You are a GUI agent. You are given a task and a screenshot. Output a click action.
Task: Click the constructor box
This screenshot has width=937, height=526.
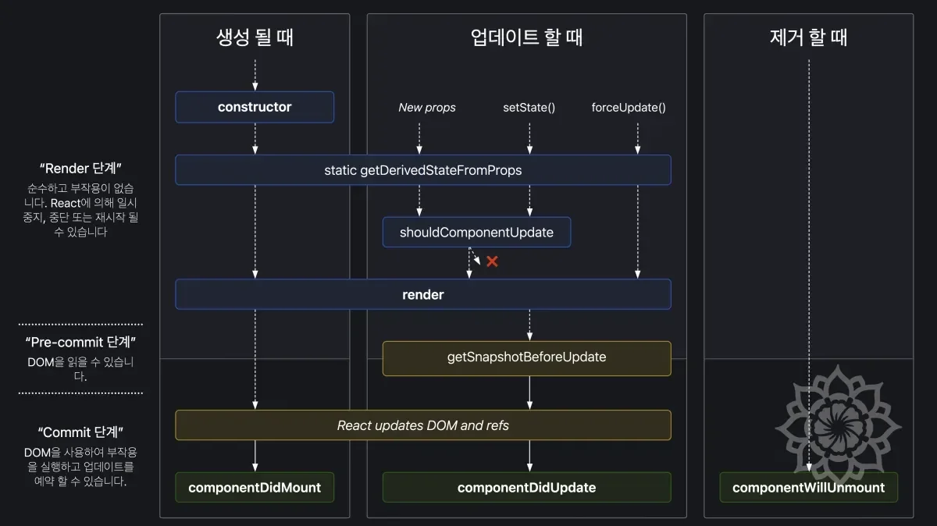pos(255,107)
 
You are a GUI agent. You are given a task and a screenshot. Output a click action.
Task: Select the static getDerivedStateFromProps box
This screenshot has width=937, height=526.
pos(422,169)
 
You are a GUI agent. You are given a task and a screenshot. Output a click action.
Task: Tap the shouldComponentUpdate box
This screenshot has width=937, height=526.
pos(476,232)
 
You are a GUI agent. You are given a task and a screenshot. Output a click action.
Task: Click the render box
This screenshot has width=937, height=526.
pos(422,294)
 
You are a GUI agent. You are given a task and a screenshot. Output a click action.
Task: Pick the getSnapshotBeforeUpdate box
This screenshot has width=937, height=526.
pos(526,357)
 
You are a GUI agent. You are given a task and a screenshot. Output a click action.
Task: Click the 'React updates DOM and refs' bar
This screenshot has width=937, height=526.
pos(422,425)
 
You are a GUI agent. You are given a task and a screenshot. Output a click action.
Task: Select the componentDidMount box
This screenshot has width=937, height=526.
pos(255,487)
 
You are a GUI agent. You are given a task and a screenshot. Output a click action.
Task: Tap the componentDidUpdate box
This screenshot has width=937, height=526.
pos(526,487)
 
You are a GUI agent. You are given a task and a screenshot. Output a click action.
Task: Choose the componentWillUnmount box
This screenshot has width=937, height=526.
pos(808,487)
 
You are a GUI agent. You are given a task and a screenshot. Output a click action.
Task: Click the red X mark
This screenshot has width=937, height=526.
pos(492,261)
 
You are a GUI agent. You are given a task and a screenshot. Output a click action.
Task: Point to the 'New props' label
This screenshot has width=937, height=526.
pos(427,108)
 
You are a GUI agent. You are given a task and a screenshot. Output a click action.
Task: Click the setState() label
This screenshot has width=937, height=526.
pos(529,108)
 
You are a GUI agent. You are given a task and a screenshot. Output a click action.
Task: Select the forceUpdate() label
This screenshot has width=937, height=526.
pos(629,108)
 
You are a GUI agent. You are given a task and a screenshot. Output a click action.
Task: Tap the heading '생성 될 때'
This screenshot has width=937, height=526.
pos(255,37)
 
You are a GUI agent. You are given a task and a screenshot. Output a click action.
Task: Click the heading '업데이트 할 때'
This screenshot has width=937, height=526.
pos(526,37)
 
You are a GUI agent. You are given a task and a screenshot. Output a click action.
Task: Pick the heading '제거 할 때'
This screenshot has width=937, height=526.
pos(808,37)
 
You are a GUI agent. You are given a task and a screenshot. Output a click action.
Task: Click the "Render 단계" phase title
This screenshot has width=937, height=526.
pos(80,168)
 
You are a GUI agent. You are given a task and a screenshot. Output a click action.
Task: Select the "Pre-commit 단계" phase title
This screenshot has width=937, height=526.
pos(80,342)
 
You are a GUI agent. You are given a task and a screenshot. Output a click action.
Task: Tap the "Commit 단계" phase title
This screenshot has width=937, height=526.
pos(80,432)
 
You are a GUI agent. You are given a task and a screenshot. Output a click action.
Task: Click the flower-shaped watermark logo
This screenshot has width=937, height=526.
pos(839,425)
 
